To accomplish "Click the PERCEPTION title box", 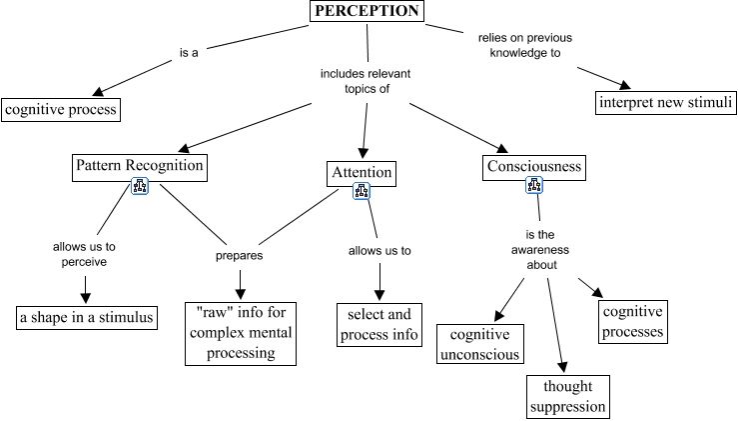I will [x=366, y=11].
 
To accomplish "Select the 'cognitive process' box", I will [x=61, y=109].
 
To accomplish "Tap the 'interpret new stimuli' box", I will [x=666, y=102].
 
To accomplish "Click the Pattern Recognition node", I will [x=140, y=165].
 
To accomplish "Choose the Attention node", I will [x=362, y=173].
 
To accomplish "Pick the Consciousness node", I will [x=534, y=165].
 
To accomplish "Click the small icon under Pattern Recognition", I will [x=140, y=187].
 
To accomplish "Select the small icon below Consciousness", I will [x=535, y=186].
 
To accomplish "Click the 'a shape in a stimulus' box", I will [x=87, y=318].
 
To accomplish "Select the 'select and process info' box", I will [x=377, y=325].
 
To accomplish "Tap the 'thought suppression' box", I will [x=567, y=396].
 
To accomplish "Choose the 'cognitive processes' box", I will [x=631, y=320].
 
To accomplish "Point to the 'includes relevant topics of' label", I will [x=366, y=81].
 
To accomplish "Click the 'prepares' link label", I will [x=240, y=255].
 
